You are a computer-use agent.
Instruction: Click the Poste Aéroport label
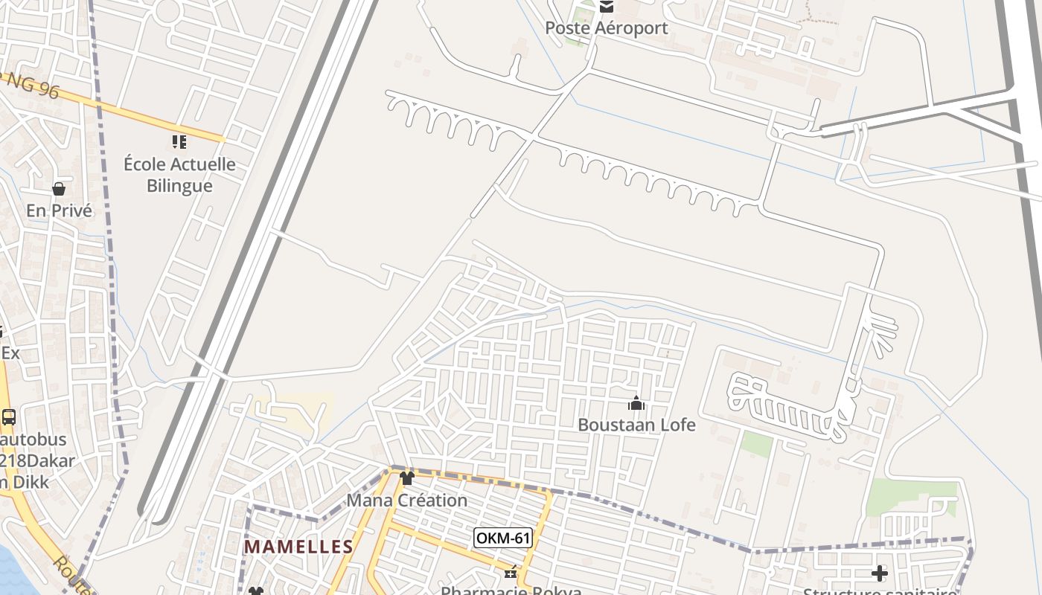607,28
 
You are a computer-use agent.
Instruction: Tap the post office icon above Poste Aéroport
607,7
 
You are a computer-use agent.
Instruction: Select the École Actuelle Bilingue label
179,175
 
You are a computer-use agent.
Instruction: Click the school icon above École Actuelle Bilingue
179,141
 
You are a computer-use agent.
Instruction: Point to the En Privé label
60,210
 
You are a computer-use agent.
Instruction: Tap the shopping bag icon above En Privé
59,189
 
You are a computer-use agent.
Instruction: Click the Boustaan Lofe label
636,425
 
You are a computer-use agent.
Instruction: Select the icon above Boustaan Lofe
636,403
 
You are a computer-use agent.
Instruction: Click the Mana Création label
407,500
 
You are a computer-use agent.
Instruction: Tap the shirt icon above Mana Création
406,478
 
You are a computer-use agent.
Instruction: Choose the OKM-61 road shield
503,537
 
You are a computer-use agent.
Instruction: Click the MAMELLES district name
298,547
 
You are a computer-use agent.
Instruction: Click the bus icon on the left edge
9,417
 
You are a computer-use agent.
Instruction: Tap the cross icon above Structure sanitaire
880,573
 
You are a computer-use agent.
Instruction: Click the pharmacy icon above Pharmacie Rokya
511,573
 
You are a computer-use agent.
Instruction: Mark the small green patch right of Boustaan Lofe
757,444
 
